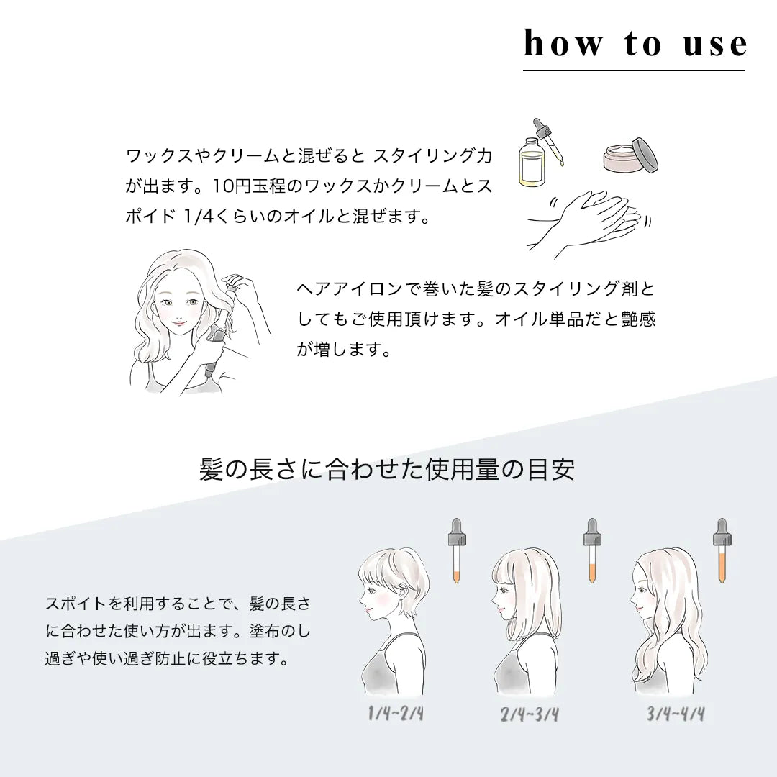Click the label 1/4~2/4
point(395,714)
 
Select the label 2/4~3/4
point(530,714)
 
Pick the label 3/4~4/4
point(675,714)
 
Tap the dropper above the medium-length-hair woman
point(592,550)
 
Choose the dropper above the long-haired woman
point(721,550)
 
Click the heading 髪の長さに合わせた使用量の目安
point(387,470)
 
